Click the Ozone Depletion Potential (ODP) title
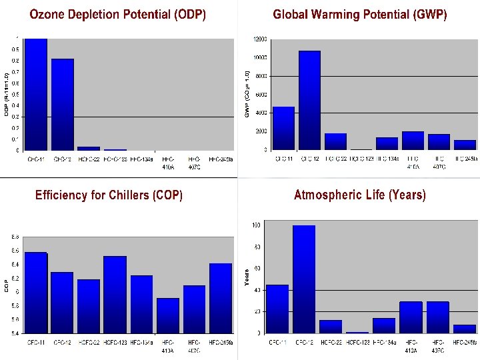(117, 15)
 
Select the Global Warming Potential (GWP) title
(360, 14)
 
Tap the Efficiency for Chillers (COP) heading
(109, 195)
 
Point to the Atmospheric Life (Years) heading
(360, 195)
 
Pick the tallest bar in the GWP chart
(309, 100)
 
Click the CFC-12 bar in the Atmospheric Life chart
(303, 279)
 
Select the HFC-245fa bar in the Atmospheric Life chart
(465, 329)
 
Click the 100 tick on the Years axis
(256, 225)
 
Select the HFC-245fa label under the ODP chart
(221, 159)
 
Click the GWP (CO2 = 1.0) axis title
(247, 94)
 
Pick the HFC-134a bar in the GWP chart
(387, 143)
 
